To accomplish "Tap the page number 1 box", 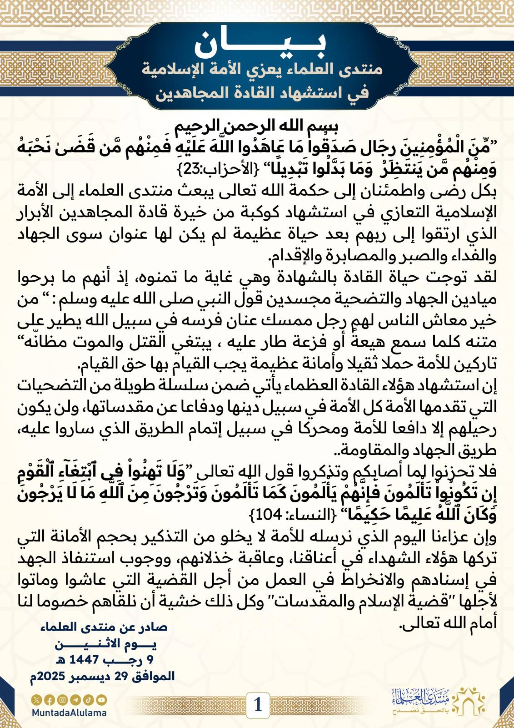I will click(x=258, y=705).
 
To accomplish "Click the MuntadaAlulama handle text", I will click(x=69, y=713).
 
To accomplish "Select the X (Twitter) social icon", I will click(x=36, y=700).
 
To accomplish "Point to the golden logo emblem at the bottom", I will click(x=470, y=701).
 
